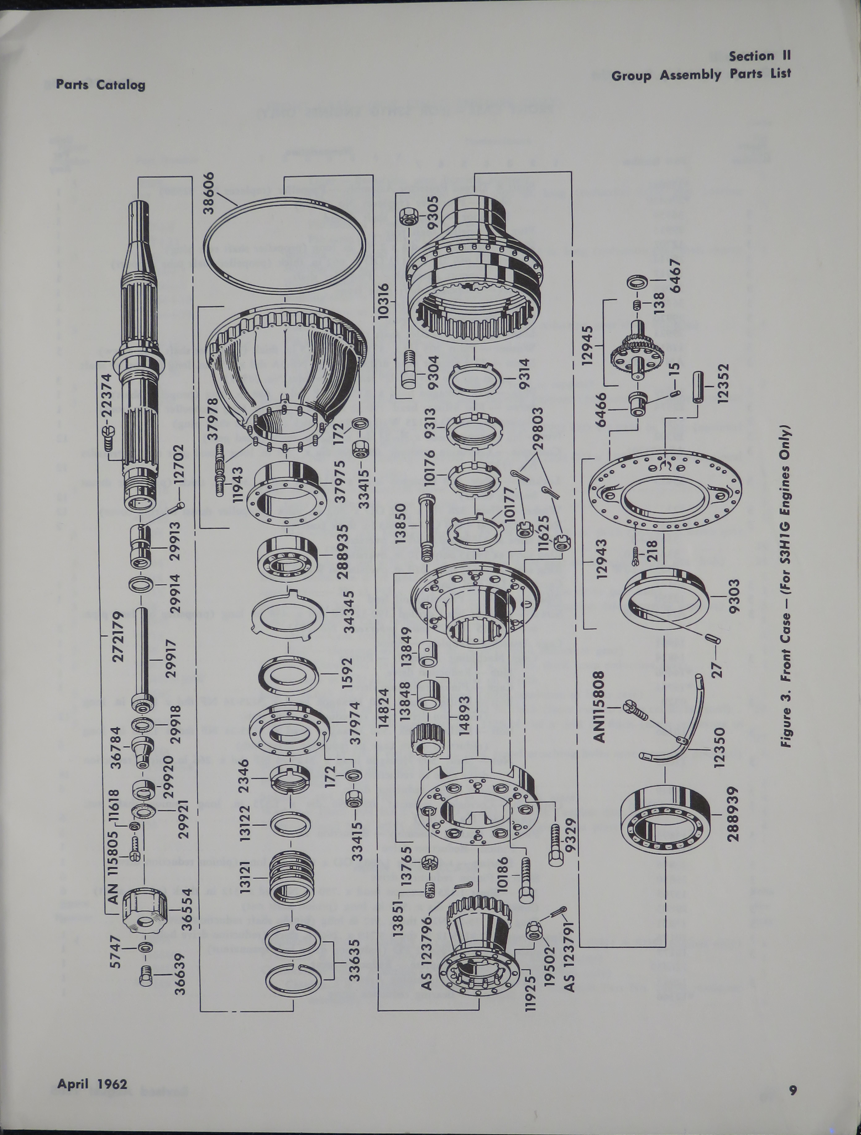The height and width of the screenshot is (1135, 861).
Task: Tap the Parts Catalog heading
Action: tap(101, 85)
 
